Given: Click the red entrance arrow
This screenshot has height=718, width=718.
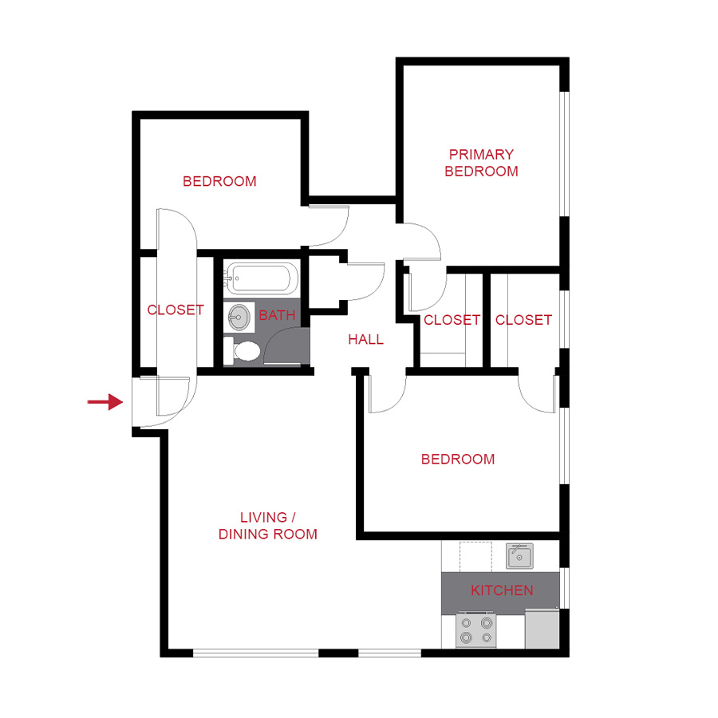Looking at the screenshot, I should (104, 402).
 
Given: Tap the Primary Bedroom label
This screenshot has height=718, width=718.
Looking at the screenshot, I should (481, 163).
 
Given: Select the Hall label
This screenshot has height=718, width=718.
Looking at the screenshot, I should (365, 339).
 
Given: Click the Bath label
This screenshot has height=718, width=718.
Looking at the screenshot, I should (277, 315).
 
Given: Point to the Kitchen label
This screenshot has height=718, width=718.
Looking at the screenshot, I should (502, 590).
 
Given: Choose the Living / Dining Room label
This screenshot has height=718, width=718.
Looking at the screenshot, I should (268, 526).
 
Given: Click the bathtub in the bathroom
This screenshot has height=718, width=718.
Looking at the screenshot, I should (261, 278).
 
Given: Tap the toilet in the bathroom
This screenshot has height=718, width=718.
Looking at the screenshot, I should (243, 351).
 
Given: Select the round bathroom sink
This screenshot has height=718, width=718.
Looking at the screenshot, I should (239, 317).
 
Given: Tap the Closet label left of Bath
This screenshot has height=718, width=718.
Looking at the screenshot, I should (176, 310).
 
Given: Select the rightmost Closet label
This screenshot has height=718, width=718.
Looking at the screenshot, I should (523, 320).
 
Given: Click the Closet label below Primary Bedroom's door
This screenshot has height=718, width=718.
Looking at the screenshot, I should (452, 320).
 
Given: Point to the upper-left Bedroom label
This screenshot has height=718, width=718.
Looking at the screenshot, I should (219, 181).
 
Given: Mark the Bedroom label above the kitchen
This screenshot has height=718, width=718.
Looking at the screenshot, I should (458, 459).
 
